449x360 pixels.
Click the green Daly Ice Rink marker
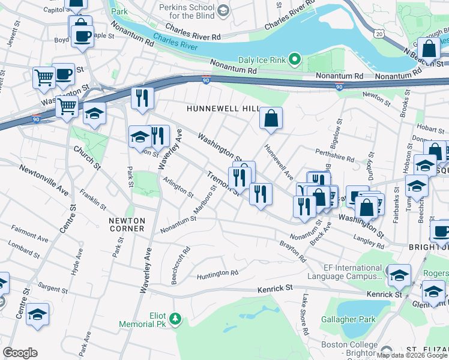tap(294, 59)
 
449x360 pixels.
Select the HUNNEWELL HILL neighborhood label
tap(222, 109)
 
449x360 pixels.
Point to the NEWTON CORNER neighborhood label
tap(127, 224)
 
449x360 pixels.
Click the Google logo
tap(20, 352)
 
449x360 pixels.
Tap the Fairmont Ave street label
tap(29, 235)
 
